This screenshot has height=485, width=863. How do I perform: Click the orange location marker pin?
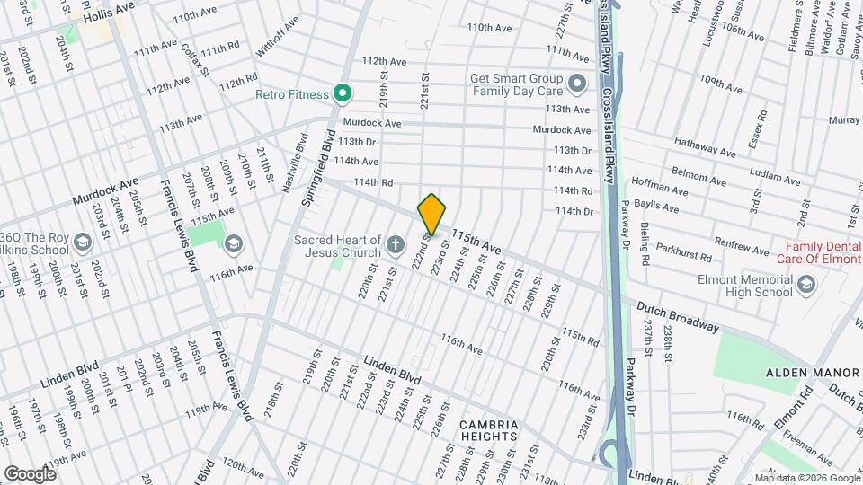[431, 214]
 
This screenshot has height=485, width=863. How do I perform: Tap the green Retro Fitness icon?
[342, 93]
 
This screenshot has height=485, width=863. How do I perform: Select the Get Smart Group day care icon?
[577, 84]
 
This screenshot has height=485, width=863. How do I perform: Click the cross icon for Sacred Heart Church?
[394, 244]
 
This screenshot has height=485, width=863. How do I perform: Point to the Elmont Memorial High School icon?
[805, 285]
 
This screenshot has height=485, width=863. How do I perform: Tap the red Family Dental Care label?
[822, 253]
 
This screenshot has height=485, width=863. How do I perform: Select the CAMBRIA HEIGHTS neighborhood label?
[488, 430]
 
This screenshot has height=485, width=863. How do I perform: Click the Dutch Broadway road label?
[678, 316]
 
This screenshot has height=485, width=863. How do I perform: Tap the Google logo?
[30, 473]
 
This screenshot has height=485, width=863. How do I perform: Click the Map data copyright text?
[806, 477]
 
